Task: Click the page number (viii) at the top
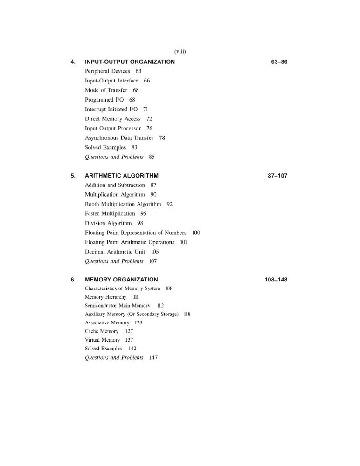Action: pyautogui.click(x=180, y=52)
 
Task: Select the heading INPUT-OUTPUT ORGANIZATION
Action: pyautogui.click(x=130, y=62)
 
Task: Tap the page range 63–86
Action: pyautogui.click(x=279, y=62)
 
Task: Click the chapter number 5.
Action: pyautogui.click(x=73, y=176)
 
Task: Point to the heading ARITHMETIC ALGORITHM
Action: pyautogui.click(x=121, y=176)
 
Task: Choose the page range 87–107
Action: pyautogui.click(x=277, y=176)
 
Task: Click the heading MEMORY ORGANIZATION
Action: pyautogui.click(x=121, y=280)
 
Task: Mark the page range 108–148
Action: pyautogui.click(x=276, y=280)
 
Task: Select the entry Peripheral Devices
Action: pyautogui.click(x=107, y=71)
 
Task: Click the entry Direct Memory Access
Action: pyautogui.click(x=112, y=119)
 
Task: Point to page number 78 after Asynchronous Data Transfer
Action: pyautogui.click(x=162, y=138)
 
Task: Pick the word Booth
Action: pyautogui.click(x=92, y=204)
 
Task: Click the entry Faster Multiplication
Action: pyautogui.click(x=110, y=214)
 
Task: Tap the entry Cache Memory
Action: pyautogui.click(x=101, y=331)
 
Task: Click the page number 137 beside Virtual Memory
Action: pyautogui.click(x=129, y=340)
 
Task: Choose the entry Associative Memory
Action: pyautogui.click(x=107, y=323)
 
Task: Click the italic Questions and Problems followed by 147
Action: pyautogui.click(x=114, y=358)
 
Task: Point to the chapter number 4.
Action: pyautogui.click(x=73, y=62)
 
